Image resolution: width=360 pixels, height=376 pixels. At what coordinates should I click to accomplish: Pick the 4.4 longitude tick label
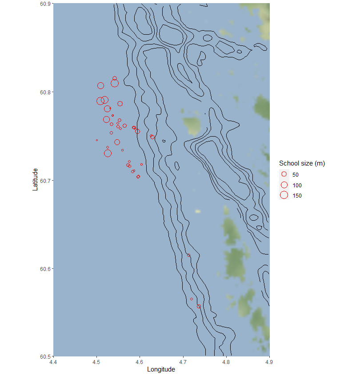pos(53,362)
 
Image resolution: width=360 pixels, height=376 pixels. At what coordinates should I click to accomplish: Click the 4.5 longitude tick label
pos(96,362)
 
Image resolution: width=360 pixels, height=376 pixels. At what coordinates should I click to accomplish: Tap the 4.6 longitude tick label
pos(140,362)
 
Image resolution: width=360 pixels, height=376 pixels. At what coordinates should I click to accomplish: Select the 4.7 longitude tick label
pos(183,362)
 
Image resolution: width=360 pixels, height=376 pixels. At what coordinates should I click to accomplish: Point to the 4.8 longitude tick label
pos(226,362)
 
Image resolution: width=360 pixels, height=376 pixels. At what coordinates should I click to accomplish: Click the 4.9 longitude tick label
pos(269,362)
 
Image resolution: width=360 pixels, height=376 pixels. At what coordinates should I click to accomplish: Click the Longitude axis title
pos(161,370)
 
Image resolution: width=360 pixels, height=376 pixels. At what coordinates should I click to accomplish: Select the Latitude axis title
pos(35,179)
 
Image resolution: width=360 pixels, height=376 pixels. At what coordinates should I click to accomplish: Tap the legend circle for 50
pos(284,174)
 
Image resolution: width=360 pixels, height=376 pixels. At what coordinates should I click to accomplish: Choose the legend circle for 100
pos(284,185)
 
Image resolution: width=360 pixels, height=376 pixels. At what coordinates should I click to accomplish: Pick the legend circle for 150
pos(284,195)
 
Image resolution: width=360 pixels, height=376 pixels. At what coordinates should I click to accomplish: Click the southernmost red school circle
pos(199,306)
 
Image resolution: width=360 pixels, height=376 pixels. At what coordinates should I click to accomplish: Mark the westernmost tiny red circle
pos(97,140)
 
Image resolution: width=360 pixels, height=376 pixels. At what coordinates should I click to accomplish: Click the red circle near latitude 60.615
pos(189,255)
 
